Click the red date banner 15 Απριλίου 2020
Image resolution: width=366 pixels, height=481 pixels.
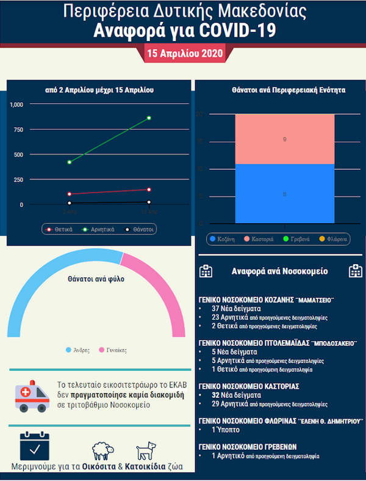pos(184,54)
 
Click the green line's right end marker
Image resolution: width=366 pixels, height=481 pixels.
pos(148,117)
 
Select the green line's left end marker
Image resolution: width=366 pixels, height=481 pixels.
pos(70,162)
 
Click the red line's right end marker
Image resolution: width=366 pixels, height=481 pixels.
pos(148,189)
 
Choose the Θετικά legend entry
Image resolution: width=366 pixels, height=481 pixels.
pos(60,230)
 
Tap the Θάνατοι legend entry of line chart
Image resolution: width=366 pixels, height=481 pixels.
pos(137,230)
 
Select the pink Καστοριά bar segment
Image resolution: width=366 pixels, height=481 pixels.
pos(285,139)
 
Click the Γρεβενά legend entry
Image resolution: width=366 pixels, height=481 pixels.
pos(296,239)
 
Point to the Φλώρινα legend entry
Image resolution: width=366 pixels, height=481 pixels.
pos(332,239)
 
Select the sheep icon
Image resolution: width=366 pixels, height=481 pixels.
pos(103,452)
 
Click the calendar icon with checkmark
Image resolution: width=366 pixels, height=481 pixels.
pos(34,447)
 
